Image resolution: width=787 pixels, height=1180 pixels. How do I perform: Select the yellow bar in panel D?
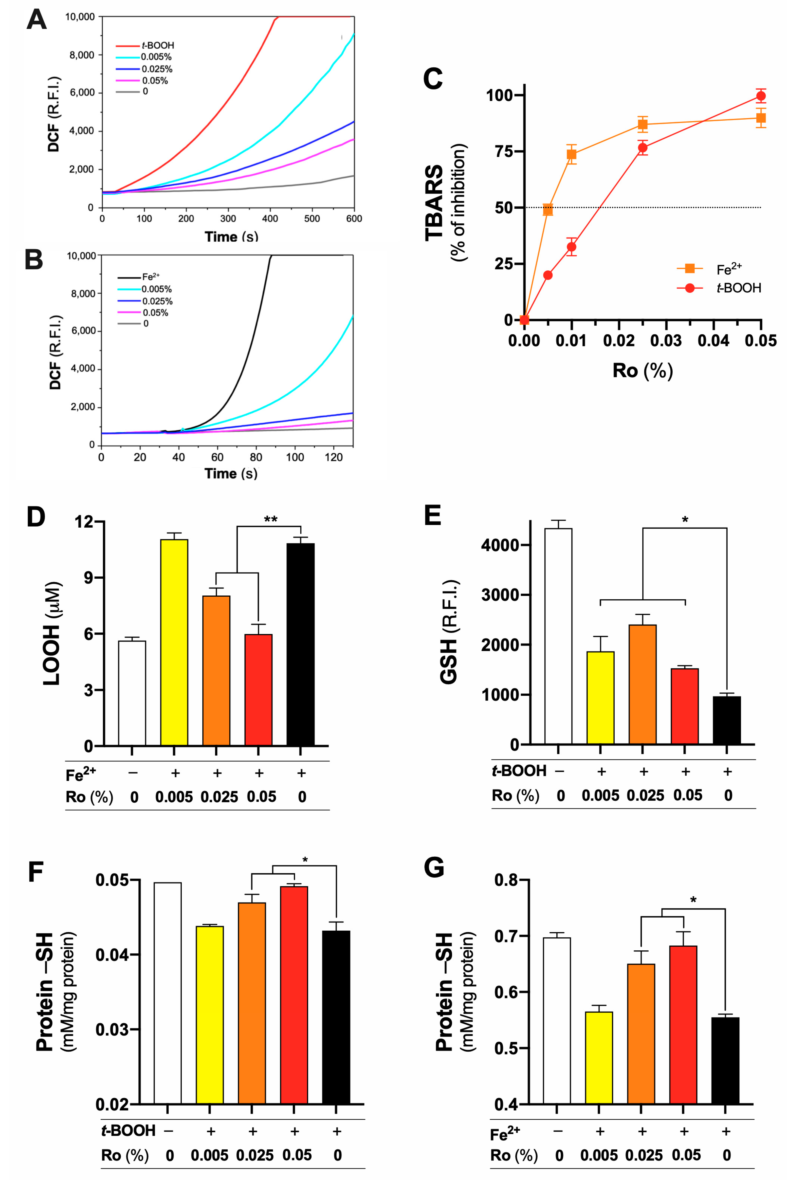coord(174,643)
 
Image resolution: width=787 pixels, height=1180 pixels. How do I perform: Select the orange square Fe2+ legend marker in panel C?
coord(690,269)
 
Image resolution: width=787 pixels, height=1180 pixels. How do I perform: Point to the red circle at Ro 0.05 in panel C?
coord(761,96)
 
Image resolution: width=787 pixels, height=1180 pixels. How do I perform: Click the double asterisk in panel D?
coord(271,519)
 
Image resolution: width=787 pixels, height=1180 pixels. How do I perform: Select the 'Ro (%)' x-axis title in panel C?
coord(642,370)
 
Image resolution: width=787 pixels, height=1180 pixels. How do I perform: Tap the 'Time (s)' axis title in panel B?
coord(231,473)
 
